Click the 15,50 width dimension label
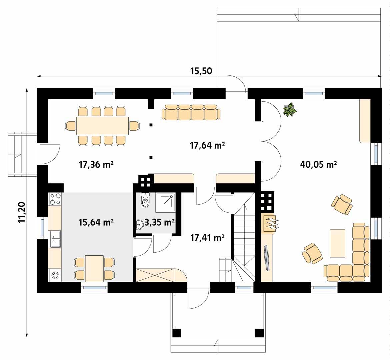pyautogui.click(x=201, y=71)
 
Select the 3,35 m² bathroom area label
pyautogui.click(x=160, y=222)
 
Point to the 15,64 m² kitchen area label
pyautogui.click(x=96, y=222)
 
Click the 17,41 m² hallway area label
pyautogui.click(x=207, y=238)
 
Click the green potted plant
pyautogui.click(x=289, y=110)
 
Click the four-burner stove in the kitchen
pyautogui.click(x=55, y=199)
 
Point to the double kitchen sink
pyautogui.click(x=55, y=239)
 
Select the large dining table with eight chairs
pyautogui.click(x=102, y=126)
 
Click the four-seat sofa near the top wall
pyautogui.click(x=191, y=112)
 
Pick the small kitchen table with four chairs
pyautogui.click(x=94, y=268)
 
